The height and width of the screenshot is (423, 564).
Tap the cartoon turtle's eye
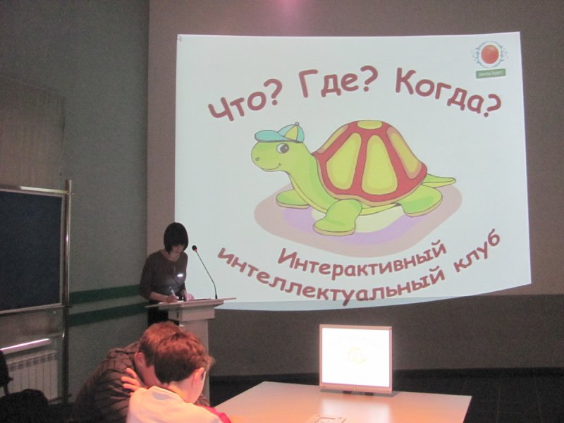click(x=283, y=148)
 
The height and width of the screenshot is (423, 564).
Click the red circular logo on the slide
click(x=488, y=54)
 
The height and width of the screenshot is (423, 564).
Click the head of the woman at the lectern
click(x=176, y=238)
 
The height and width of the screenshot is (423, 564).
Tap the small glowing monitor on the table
click(x=355, y=357)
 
